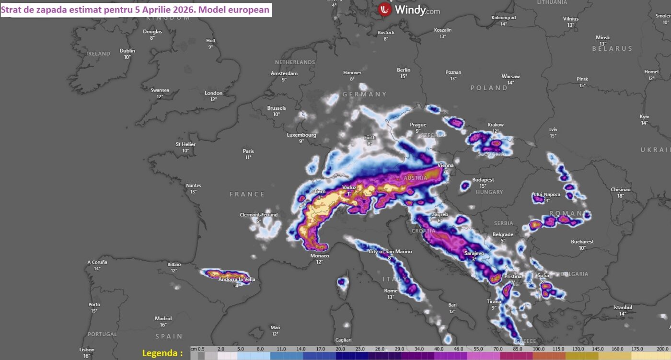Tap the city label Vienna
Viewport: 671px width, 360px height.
coord(446,165)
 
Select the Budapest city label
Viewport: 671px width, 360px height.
coord(483,180)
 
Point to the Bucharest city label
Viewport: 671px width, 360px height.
coord(582,242)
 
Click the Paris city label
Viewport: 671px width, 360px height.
coord(248,151)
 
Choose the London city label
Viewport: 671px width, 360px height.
coord(213,93)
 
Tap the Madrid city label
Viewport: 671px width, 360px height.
coord(163,318)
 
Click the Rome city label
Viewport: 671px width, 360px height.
coord(391,291)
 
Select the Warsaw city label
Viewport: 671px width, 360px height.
coord(510,76)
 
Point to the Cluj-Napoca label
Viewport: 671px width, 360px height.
coord(545,195)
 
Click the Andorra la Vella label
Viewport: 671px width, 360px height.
coord(237,279)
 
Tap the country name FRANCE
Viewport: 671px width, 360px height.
coord(247,194)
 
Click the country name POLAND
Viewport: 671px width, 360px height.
coord(489,88)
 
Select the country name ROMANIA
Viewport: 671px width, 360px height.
coord(570,213)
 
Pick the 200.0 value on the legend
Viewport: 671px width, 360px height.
coord(662,349)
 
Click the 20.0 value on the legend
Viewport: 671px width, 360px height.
coord(340,349)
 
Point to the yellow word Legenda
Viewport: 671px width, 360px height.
coord(162,353)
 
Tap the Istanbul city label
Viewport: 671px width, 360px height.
coord(623,307)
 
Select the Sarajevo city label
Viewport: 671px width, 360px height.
coord(474,253)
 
